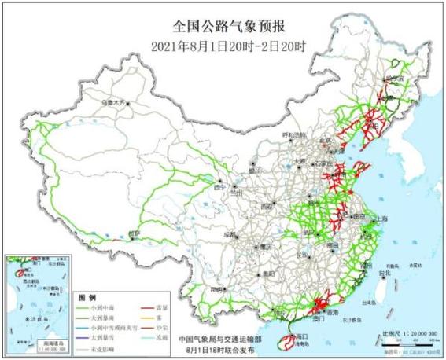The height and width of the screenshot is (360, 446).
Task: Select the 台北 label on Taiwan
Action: tap(385, 274)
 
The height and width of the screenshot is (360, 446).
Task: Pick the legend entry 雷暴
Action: tap(162, 309)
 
